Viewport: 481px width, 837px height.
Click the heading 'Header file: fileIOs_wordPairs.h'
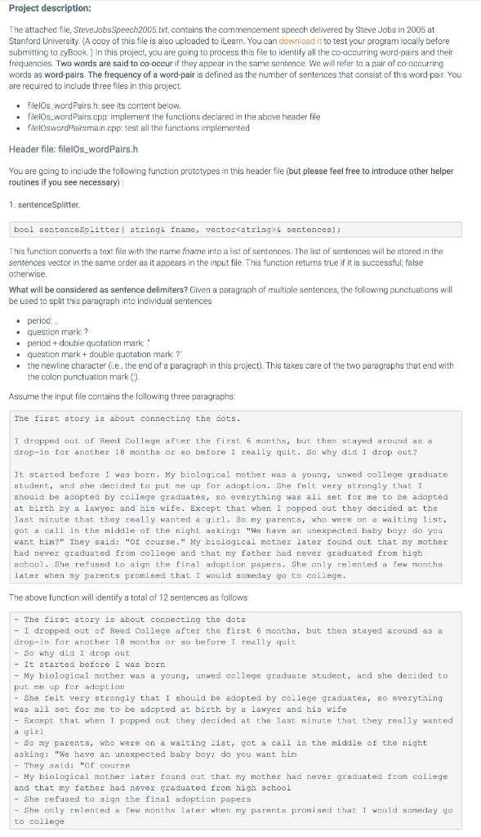[73, 149]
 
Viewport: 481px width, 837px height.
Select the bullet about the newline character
[237, 365]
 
